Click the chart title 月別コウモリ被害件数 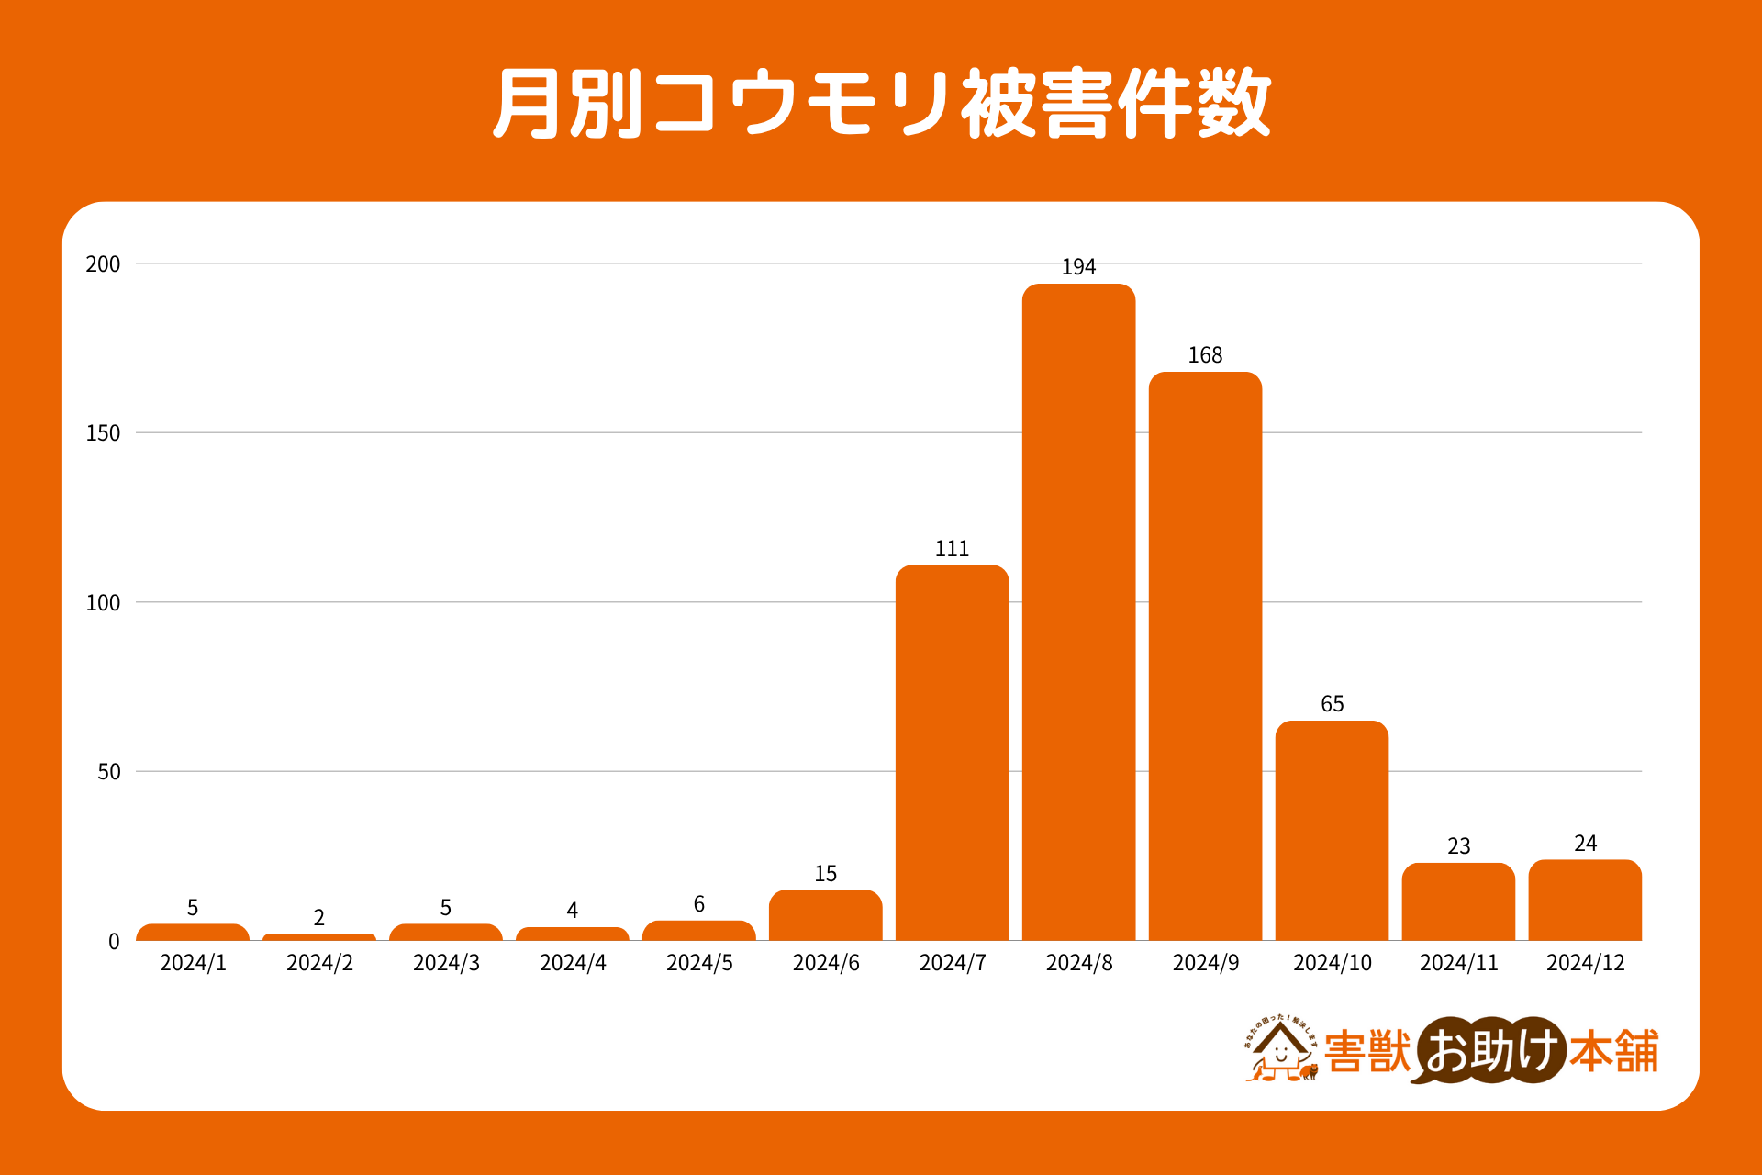881,103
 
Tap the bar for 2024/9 1205,656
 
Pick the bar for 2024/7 952,753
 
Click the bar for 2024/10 1332,831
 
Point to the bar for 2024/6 825,915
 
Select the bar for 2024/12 1585,901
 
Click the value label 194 1078,267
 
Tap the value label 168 1205,355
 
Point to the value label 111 952,549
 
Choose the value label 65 1332,704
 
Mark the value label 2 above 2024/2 318,918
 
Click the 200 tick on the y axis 103,264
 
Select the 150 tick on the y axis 103,433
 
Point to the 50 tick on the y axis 108,772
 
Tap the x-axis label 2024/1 193,963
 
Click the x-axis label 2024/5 699,963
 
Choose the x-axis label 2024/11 1458,963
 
